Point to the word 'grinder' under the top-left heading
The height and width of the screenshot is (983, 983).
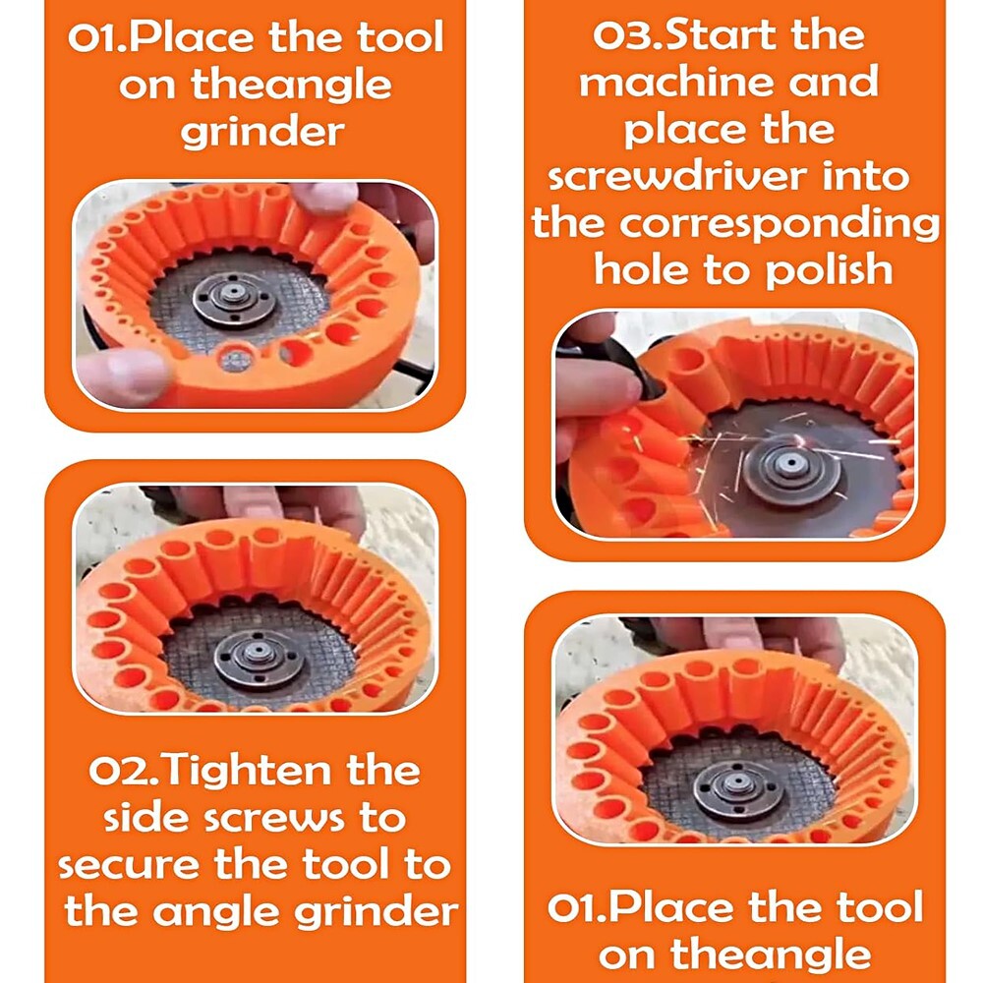click(262, 132)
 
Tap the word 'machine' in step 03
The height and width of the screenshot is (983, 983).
click(675, 83)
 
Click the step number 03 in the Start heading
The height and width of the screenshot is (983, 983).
click(619, 36)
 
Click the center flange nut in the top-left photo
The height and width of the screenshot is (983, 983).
click(234, 299)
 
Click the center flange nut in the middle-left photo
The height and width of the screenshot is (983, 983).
click(257, 655)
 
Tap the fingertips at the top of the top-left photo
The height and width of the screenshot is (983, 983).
click(324, 198)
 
